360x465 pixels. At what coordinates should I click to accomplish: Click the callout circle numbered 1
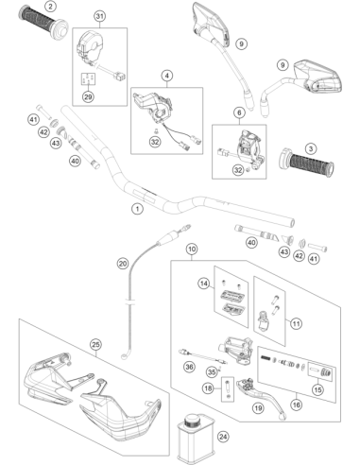pos(137,209)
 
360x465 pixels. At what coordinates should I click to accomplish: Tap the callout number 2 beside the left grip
pos(50,6)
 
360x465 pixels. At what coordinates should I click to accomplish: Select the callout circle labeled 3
pos(311,148)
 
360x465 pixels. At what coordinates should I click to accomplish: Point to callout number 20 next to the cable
pos(123,263)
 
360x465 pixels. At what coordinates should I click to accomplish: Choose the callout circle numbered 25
pos(95,345)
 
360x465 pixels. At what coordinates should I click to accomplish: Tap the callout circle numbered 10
pos(192,250)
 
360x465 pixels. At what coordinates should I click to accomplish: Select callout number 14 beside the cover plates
pos(204,284)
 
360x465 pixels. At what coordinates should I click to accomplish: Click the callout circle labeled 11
pos(296,323)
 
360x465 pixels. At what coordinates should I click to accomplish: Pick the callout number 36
pos(189,367)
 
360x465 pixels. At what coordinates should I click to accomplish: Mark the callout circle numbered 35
pos(212,372)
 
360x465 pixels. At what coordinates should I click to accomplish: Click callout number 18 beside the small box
pos(208,388)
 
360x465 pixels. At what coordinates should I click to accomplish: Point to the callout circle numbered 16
pos(296,405)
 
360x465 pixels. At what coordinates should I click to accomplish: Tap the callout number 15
pos(317,389)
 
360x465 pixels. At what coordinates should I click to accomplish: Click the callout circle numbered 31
pos(99,16)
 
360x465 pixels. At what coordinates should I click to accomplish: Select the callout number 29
pos(88,96)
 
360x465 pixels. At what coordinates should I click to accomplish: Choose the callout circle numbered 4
pos(167,76)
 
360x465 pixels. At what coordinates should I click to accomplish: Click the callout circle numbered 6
pos(239,112)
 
